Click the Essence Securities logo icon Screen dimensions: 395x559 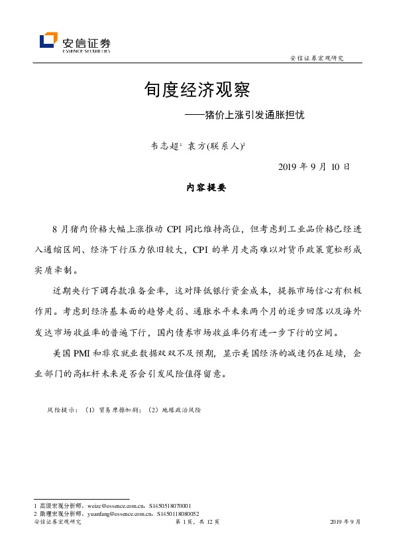48,41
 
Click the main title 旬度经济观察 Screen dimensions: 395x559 197,89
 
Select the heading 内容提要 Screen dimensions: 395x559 197,188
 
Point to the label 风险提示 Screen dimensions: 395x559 62,410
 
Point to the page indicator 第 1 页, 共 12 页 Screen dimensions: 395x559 197,523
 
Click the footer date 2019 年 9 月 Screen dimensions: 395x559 345,523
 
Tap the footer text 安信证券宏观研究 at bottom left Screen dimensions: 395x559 57,523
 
